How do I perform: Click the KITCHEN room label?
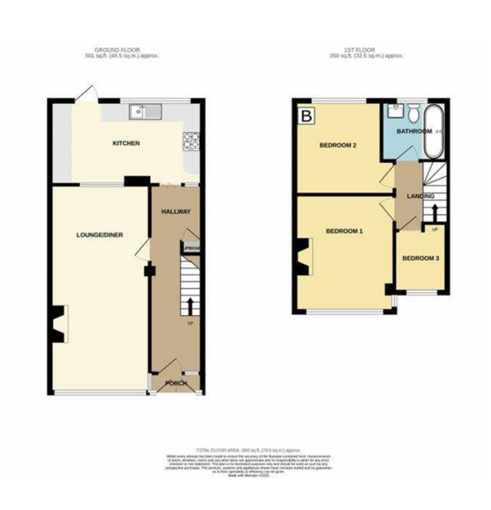pyautogui.click(x=126, y=143)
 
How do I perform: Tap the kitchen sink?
pyautogui.click(x=146, y=111)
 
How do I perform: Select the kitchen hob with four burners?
pyautogui.click(x=190, y=141)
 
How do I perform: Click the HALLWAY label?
pyautogui.click(x=175, y=212)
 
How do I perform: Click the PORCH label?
pyautogui.click(x=176, y=383)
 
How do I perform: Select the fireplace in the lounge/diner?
pyautogui.click(x=58, y=323)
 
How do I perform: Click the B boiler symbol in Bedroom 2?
pyautogui.click(x=306, y=116)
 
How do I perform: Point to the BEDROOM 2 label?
pyautogui.click(x=338, y=145)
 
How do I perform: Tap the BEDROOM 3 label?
pyautogui.click(x=420, y=258)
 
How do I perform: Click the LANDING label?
pyautogui.click(x=420, y=196)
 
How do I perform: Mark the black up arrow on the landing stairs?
pyautogui.click(x=434, y=212)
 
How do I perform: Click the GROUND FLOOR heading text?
pyautogui.click(x=117, y=50)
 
